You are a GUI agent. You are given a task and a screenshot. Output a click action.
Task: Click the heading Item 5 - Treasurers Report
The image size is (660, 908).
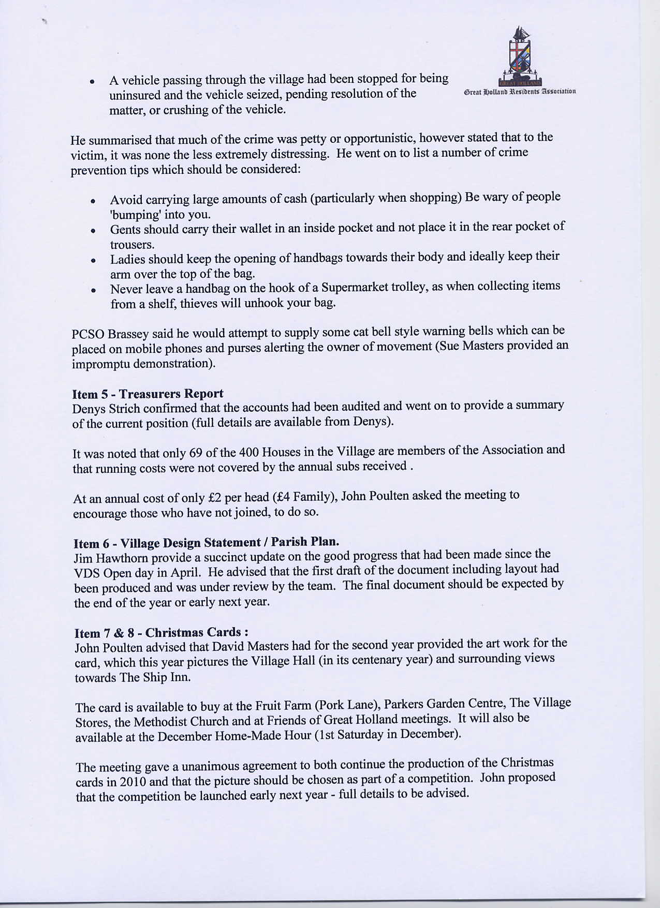148,394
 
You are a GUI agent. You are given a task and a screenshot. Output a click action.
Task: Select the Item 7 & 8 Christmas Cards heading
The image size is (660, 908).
161,633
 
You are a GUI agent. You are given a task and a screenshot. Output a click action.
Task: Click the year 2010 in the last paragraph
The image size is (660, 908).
134,782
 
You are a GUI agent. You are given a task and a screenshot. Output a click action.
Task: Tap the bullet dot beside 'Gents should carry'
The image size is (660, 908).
93,231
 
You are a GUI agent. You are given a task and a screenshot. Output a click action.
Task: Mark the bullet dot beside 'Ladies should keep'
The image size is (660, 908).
93,261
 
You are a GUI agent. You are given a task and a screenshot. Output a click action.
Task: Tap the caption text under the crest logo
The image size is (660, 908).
520,92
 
